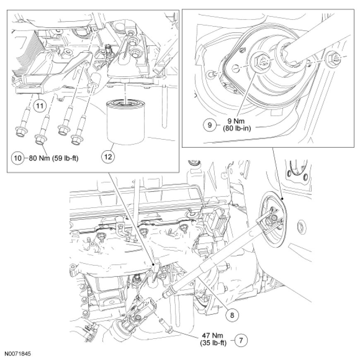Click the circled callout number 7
241,340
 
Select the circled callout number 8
232,315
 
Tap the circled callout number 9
210,125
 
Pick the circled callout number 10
18,158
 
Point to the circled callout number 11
40,106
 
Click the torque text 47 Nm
212,336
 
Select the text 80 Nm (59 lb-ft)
53,158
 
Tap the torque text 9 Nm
236,121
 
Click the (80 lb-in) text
237,128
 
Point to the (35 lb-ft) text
213,343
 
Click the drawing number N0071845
17,353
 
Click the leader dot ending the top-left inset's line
153,264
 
